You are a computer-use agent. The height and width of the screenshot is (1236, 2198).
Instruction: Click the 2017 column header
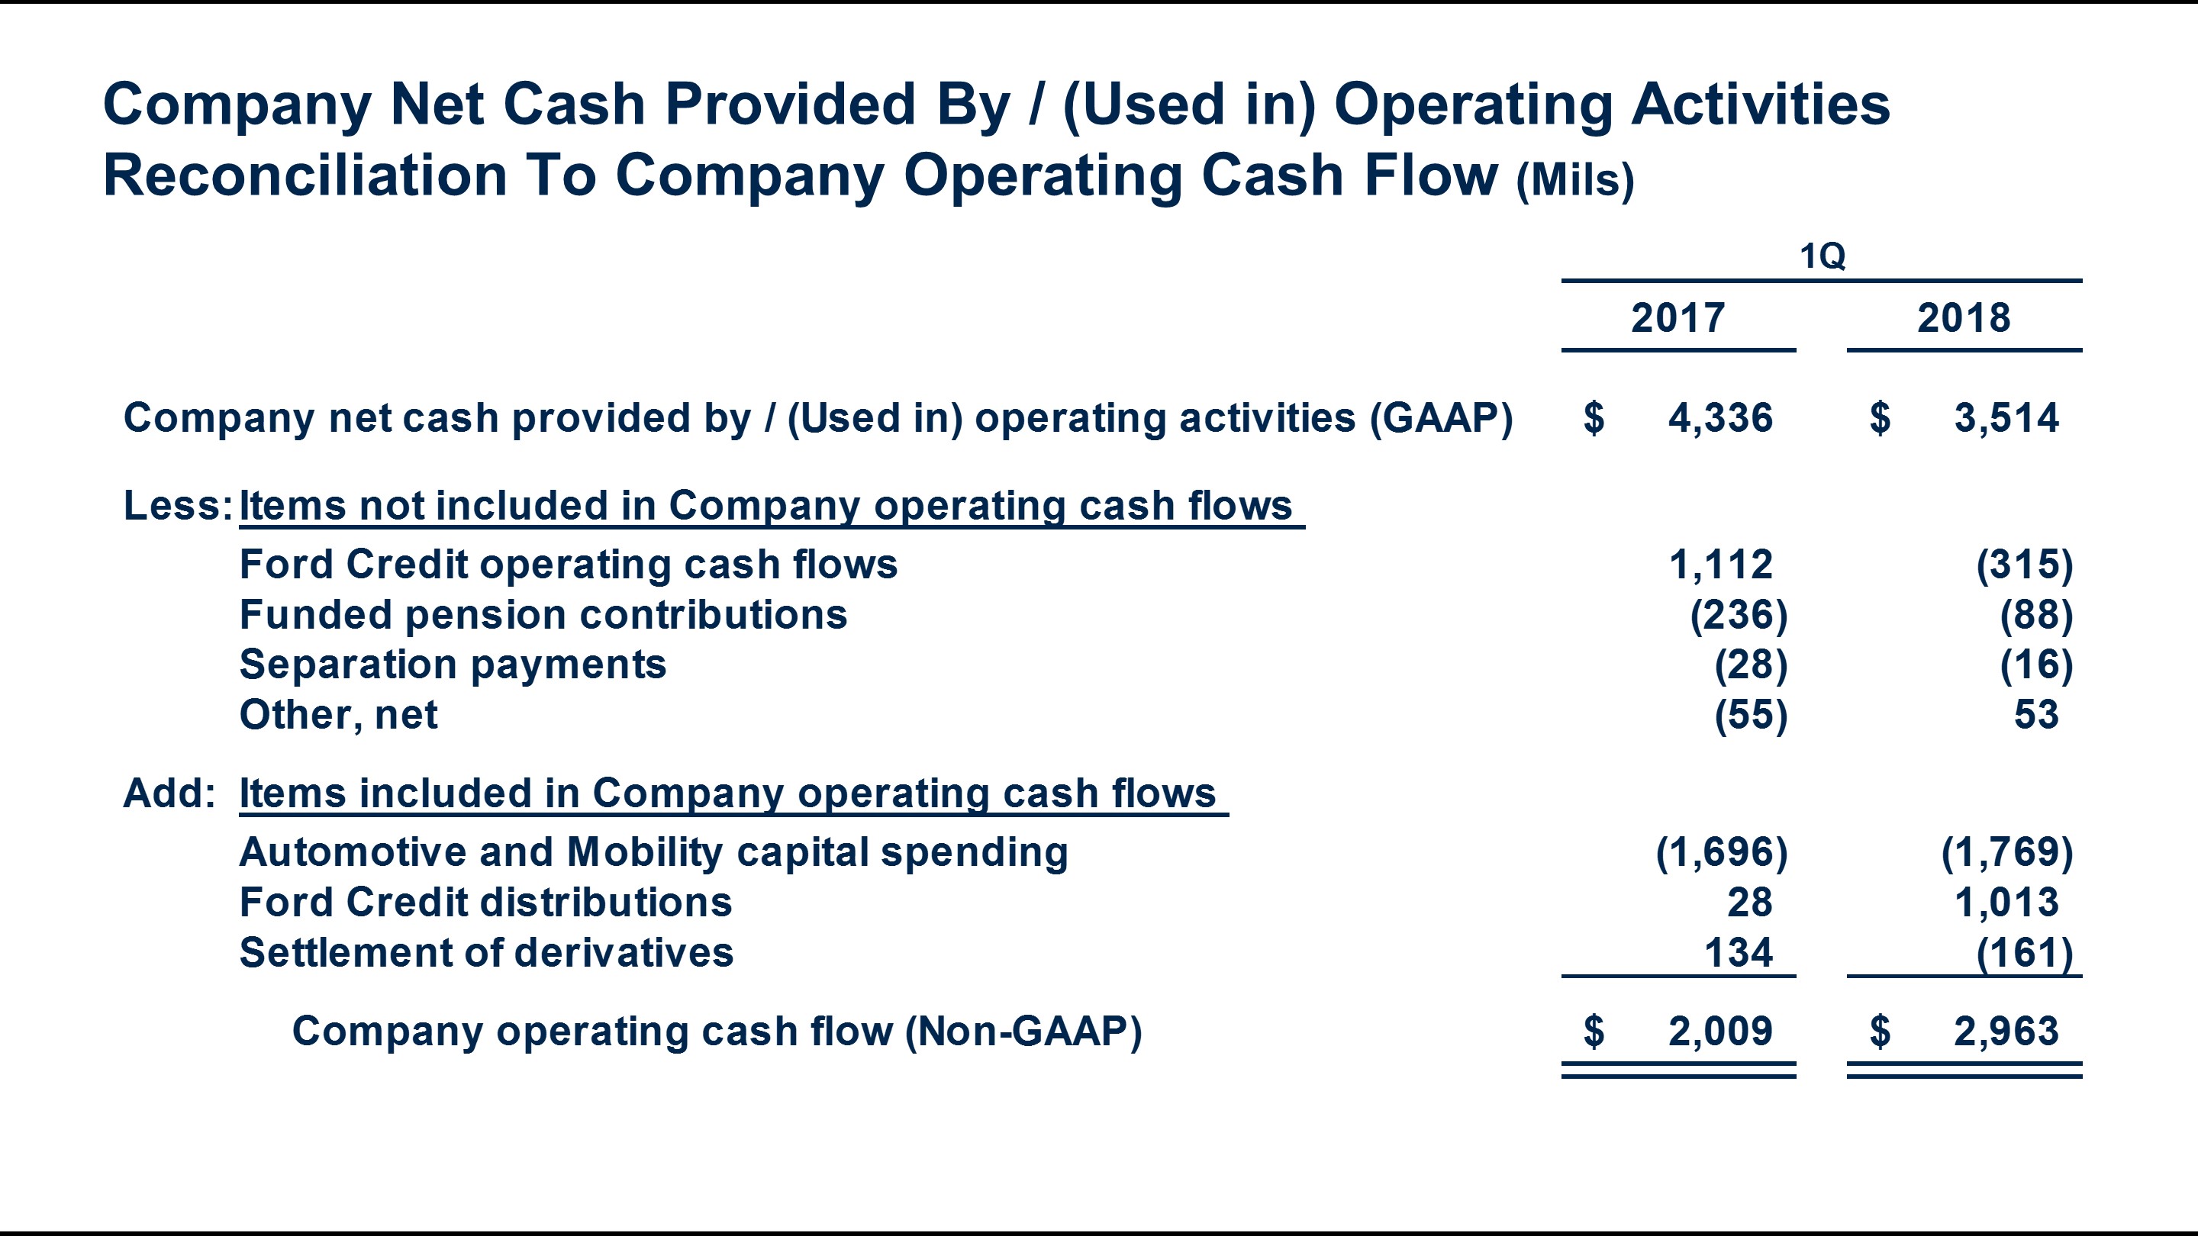point(1678,318)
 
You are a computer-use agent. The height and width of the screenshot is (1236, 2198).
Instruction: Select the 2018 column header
point(1964,318)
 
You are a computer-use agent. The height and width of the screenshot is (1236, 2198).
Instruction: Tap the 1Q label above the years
point(1822,256)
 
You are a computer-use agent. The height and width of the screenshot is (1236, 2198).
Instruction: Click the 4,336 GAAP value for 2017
point(1720,418)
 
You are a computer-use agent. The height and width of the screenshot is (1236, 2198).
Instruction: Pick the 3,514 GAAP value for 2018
point(2006,418)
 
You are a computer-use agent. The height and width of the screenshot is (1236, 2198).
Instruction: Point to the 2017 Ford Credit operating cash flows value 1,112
point(1720,565)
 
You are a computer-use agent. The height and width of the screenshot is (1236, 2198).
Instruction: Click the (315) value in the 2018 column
point(2024,565)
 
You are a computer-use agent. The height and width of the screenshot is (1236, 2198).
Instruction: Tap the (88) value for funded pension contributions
point(2036,615)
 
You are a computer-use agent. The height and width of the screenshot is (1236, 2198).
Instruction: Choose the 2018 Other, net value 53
point(2036,715)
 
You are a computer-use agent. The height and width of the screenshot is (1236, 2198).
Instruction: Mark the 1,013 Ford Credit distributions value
point(2006,903)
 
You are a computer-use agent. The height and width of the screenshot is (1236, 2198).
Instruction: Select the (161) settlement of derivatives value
point(2024,953)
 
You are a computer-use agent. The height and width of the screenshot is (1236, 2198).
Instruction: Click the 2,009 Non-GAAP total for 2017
point(1720,1032)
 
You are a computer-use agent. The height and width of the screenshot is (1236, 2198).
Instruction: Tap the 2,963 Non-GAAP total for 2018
point(2006,1032)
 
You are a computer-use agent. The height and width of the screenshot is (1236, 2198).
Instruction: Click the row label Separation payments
point(453,665)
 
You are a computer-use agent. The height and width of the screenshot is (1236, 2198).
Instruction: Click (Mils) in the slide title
point(1574,180)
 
